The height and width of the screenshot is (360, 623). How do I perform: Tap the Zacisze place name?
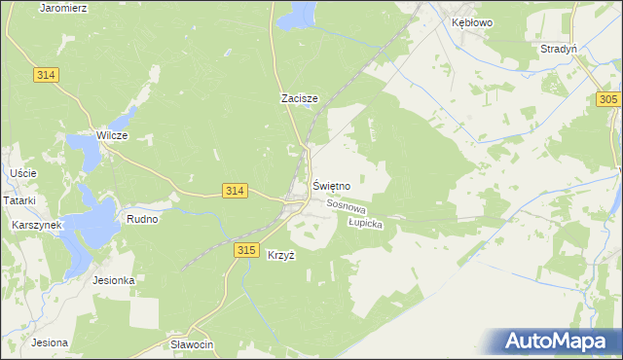(300, 98)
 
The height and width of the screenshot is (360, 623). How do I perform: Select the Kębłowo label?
(465, 21)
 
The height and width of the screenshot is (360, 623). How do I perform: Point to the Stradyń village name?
(560, 48)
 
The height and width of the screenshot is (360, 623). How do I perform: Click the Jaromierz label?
(64, 7)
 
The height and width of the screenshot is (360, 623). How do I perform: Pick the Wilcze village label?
(112, 135)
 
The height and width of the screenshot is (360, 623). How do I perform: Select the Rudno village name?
(142, 220)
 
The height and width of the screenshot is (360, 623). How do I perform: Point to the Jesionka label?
(113, 280)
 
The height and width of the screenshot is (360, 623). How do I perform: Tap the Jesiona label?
(49, 342)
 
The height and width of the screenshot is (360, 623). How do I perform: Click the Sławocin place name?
(191, 345)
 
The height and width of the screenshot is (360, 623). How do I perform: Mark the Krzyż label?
(280, 255)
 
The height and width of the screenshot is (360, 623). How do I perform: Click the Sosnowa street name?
(346, 206)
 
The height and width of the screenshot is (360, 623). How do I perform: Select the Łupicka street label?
(366, 223)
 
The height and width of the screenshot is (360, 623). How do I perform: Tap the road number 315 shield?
(246, 250)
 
